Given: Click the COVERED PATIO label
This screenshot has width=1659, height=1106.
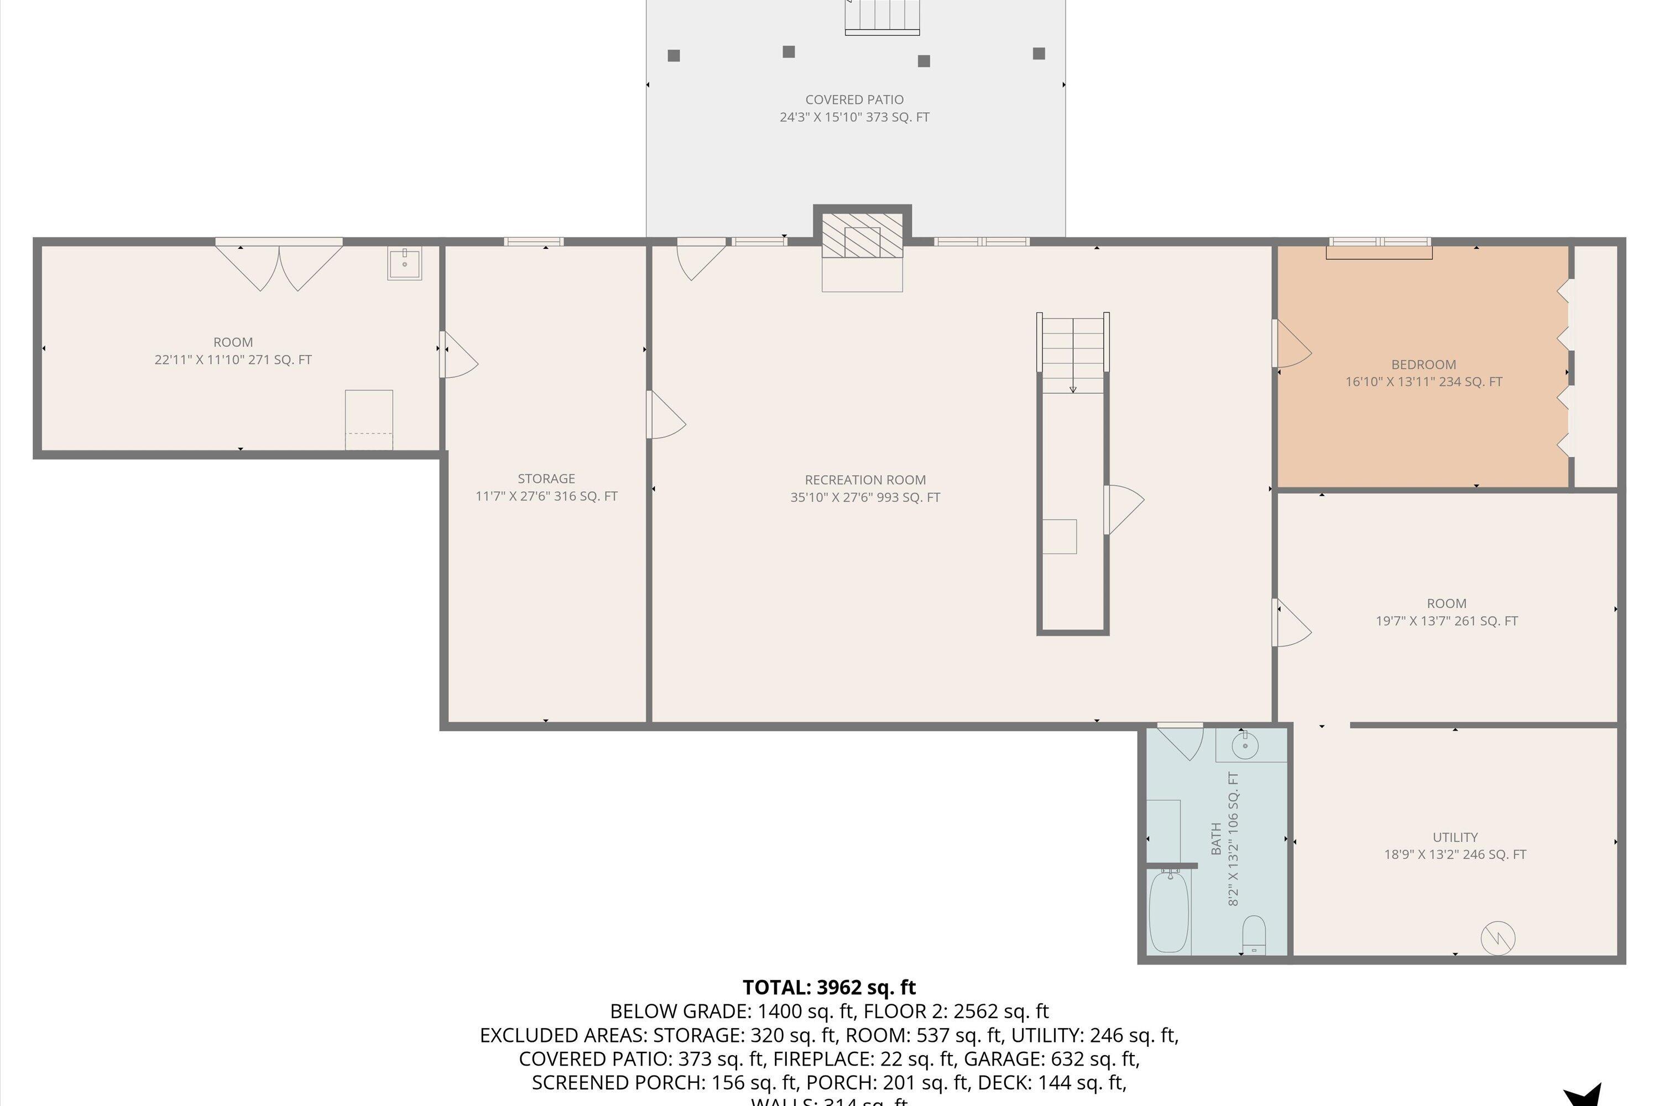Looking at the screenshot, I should tap(854, 100).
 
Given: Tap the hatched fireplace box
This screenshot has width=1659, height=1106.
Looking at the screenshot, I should tap(862, 236).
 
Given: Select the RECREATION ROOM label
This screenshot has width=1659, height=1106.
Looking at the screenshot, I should tap(865, 479).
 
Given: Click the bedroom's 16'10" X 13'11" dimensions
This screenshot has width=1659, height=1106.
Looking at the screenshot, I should tap(1423, 382).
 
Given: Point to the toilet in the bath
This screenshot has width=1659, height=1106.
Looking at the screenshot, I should tap(1254, 935).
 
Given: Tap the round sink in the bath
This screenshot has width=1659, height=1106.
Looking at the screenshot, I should tap(1245, 745).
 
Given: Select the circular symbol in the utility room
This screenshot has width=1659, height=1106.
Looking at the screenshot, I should tap(1498, 938).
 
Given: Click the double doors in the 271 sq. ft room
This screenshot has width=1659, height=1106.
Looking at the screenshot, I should tap(279, 264).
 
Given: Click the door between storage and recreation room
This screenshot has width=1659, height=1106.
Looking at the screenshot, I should tap(665, 416).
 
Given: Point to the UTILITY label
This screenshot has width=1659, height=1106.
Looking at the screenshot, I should tap(1454, 837).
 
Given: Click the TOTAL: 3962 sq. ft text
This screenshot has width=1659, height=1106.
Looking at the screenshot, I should tap(829, 987).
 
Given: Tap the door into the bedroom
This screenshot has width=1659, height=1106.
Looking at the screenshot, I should tap(1291, 344).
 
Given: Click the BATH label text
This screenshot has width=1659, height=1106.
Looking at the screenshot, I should tap(1216, 839).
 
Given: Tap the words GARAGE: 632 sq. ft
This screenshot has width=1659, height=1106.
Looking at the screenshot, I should tap(1051, 1059).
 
